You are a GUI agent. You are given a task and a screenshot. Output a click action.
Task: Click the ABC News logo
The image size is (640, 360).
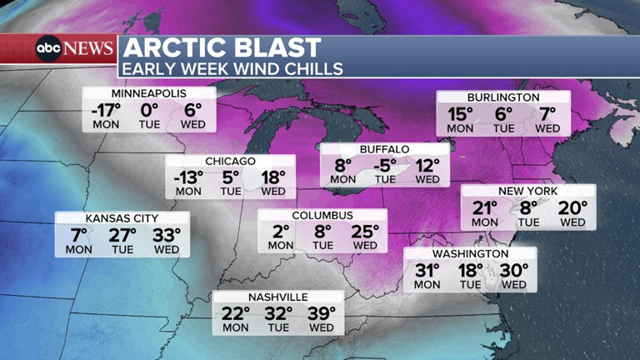click(x=73, y=48)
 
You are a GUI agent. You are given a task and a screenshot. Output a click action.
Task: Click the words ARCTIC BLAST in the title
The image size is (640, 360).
click(x=221, y=47)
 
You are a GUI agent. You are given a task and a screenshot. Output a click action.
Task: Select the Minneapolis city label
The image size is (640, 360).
click(x=148, y=93)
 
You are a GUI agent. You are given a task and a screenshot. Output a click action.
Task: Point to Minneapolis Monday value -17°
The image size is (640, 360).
click(x=105, y=109)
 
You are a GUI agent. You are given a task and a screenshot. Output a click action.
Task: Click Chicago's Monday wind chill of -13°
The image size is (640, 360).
click(x=188, y=177)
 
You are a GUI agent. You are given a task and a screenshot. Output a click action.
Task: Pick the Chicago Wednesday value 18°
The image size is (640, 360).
click(x=272, y=177)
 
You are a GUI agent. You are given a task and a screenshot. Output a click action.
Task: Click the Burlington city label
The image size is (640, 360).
click(x=503, y=97)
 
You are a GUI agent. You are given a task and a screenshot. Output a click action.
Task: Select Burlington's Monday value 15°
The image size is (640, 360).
click(x=460, y=113)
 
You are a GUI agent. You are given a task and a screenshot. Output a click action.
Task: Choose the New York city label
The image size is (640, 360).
click(x=528, y=192)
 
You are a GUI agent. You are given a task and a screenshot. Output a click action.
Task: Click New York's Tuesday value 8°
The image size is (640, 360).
click(x=528, y=207)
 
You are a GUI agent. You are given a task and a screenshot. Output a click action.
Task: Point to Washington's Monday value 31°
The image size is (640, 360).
click(x=427, y=270)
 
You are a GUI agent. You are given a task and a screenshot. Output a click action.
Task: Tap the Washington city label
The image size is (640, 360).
click(x=470, y=254)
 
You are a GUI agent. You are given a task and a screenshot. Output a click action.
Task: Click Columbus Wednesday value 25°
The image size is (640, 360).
click(x=365, y=231)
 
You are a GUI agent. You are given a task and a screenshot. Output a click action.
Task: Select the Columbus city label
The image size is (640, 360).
click(x=322, y=216)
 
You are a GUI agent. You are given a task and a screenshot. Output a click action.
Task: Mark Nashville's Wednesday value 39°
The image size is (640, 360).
click(x=321, y=313)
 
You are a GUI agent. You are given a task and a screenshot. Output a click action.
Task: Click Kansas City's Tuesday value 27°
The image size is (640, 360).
click(x=122, y=234)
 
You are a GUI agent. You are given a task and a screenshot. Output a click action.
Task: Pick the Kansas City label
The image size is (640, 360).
click(x=122, y=219)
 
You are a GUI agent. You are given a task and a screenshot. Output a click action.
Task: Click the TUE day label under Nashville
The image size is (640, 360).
click(x=278, y=328)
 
